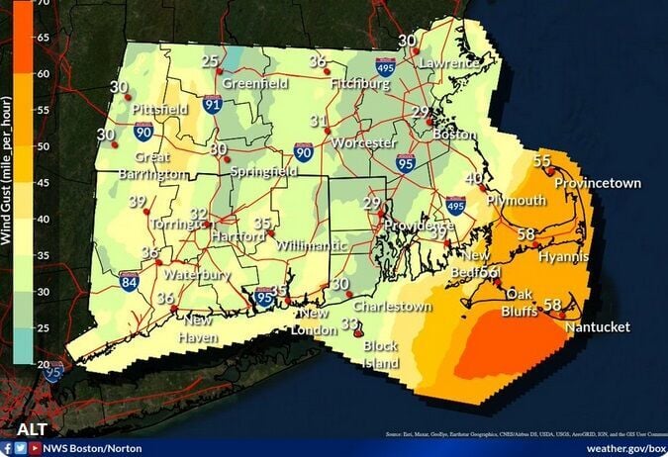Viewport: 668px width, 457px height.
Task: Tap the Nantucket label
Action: [597, 327]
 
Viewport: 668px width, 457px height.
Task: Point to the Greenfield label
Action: [255, 84]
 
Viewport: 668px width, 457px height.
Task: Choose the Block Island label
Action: [380, 353]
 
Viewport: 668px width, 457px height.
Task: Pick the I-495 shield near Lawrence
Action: [385, 67]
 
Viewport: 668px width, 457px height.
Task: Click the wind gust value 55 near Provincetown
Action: [542, 161]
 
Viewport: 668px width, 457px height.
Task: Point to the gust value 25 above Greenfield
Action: [210, 61]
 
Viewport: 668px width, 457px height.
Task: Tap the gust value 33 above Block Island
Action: [349, 323]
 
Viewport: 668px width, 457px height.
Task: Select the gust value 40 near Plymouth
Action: [475, 178]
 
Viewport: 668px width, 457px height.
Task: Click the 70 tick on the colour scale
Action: [45, 3]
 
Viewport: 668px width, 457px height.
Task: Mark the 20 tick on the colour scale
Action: [45, 364]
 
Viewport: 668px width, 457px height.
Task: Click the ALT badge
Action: [32, 429]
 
